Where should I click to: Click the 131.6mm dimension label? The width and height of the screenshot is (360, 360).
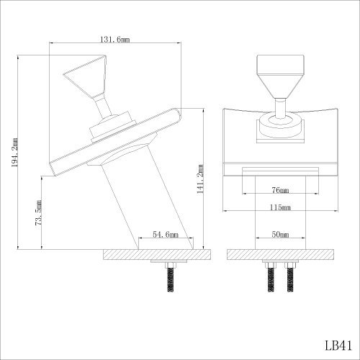[114, 39]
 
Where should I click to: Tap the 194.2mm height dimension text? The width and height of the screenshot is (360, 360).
[15, 153]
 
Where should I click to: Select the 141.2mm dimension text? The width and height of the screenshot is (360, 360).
[200, 179]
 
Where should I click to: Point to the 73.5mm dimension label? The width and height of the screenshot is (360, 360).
[38, 212]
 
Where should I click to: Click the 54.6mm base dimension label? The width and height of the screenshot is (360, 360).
[166, 234]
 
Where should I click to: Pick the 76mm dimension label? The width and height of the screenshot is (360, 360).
[280, 190]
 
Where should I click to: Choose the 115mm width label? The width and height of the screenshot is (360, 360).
[280, 207]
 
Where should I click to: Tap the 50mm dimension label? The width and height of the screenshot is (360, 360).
[280, 234]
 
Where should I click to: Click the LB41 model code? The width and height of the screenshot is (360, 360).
[338, 346]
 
